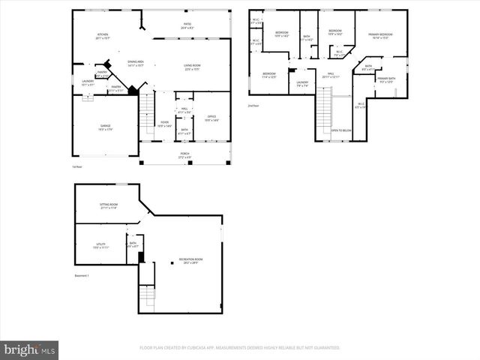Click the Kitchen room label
pyautogui.click(x=103, y=37)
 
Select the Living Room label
pyautogui.click(x=192, y=67)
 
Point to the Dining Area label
pyautogui.click(x=135, y=64)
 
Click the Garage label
pyautogui.click(x=104, y=127)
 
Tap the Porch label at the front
pyautogui.click(x=184, y=155)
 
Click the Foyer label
pyautogui.click(x=166, y=124)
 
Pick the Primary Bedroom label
pyautogui.click(x=380, y=36)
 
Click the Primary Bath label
pyautogui.click(x=387, y=80)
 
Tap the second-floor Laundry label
pyautogui.click(x=302, y=84)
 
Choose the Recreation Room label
pyautogui.click(x=182, y=262)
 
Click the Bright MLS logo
pyautogui.click(x=29, y=349)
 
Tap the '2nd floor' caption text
pyautogui.click(x=253, y=106)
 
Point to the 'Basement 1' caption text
pyautogui.click(x=82, y=276)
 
